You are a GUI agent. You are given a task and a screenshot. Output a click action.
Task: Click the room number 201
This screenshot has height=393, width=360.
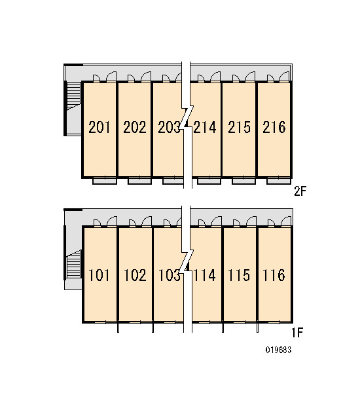(x=99, y=127)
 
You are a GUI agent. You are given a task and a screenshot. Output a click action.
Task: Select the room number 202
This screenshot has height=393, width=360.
(x=135, y=127)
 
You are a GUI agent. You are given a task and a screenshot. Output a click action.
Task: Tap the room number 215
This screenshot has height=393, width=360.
(x=239, y=127)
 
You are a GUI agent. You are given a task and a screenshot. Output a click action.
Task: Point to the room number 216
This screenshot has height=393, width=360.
(x=274, y=127)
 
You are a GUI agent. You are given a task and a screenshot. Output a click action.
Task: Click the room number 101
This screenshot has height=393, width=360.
(x=99, y=275)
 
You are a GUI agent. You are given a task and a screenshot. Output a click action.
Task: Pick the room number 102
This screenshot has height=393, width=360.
(x=135, y=275)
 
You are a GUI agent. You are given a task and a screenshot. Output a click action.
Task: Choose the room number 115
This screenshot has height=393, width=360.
(x=239, y=275)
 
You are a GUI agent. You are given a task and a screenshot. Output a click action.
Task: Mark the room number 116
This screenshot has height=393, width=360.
(x=274, y=275)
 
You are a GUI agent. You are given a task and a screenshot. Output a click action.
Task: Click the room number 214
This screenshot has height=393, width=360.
(x=205, y=127)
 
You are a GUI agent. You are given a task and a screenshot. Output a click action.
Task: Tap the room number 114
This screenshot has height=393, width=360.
(x=204, y=275)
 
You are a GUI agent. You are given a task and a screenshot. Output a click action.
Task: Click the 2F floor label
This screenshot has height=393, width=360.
(x=300, y=191)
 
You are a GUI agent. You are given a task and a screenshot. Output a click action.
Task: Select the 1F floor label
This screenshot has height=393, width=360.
(x=297, y=333)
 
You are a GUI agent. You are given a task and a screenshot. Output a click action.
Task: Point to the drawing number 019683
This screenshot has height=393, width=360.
(x=278, y=350)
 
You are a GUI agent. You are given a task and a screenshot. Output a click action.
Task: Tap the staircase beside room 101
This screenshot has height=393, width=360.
(x=74, y=265)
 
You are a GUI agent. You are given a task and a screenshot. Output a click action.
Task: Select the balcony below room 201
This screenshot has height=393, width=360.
(x=105, y=181)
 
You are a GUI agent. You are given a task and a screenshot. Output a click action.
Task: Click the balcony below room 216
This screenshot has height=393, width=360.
(x=279, y=181)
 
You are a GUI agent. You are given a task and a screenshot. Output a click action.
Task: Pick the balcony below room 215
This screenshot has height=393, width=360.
(x=243, y=181)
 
